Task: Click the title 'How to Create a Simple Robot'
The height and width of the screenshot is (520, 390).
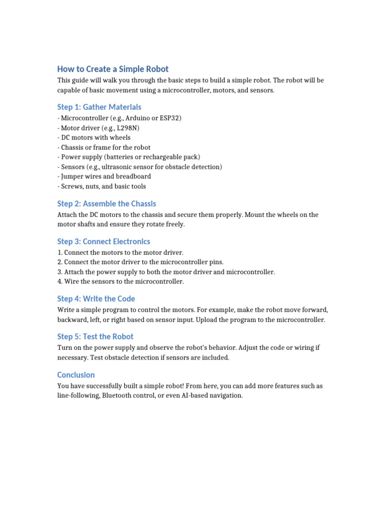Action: [x=113, y=69]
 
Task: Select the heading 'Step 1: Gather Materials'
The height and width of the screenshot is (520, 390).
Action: [x=99, y=107]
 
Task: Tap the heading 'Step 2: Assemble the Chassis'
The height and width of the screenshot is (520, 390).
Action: [x=107, y=204]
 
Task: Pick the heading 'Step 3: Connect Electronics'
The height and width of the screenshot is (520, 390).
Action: [x=104, y=242]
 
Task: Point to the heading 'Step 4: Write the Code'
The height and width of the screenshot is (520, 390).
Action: [x=96, y=299]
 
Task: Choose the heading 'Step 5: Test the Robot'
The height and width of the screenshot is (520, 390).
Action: [x=95, y=337]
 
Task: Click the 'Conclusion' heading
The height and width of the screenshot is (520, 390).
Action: [x=76, y=375]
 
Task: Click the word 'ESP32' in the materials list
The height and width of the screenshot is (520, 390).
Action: [x=170, y=118]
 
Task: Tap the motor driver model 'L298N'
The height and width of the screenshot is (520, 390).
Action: [x=127, y=128]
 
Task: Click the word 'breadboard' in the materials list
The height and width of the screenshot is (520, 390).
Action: [x=134, y=176]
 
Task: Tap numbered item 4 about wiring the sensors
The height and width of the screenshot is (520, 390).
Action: [x=120, y=281]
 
